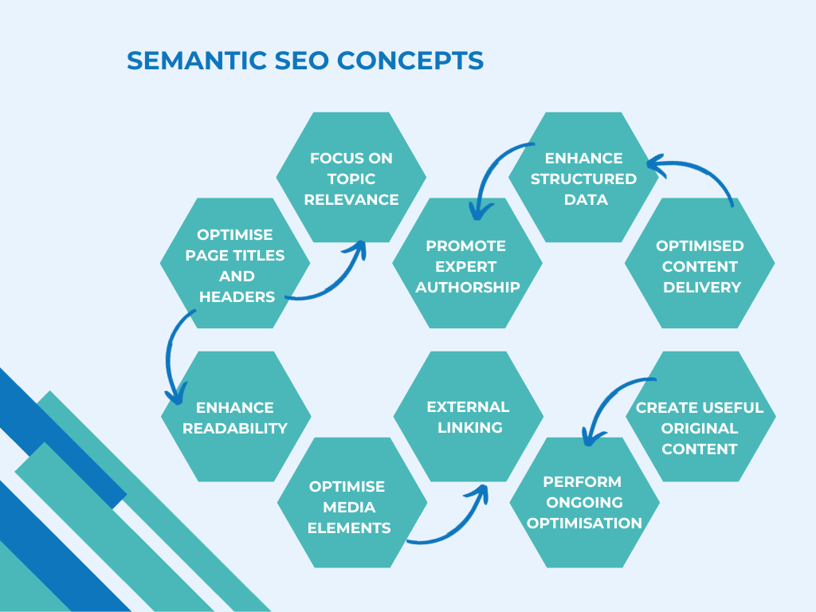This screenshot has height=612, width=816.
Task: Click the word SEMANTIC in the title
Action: [x=197, y=61]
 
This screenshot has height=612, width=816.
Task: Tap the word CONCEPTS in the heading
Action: [x=410, y=61]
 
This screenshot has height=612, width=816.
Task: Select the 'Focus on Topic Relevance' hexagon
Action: [x=351, y=178]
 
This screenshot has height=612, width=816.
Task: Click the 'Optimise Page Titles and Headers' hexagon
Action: [x=235, y=263]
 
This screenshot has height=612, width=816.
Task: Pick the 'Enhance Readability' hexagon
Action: [x=236, y=417]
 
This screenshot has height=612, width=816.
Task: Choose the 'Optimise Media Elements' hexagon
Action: [x=352, y=503]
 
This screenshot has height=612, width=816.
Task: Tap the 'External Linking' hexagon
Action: [x=469, y=417]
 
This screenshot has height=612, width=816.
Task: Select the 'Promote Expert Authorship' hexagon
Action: [x=467, y=263]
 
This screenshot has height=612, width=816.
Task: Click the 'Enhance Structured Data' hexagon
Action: [x=583, y=178]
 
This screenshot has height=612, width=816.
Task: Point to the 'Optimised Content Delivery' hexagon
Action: [x=700, y=263]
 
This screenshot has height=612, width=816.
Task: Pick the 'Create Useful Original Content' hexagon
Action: [x=701, y=417]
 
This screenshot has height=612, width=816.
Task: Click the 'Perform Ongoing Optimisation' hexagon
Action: [x=584, y=503]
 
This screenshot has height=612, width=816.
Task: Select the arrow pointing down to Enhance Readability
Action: [x=169, y=354]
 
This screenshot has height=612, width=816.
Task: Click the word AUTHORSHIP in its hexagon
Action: [x=467, y=287]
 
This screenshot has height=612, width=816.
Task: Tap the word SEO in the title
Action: [x=302, y=61]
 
